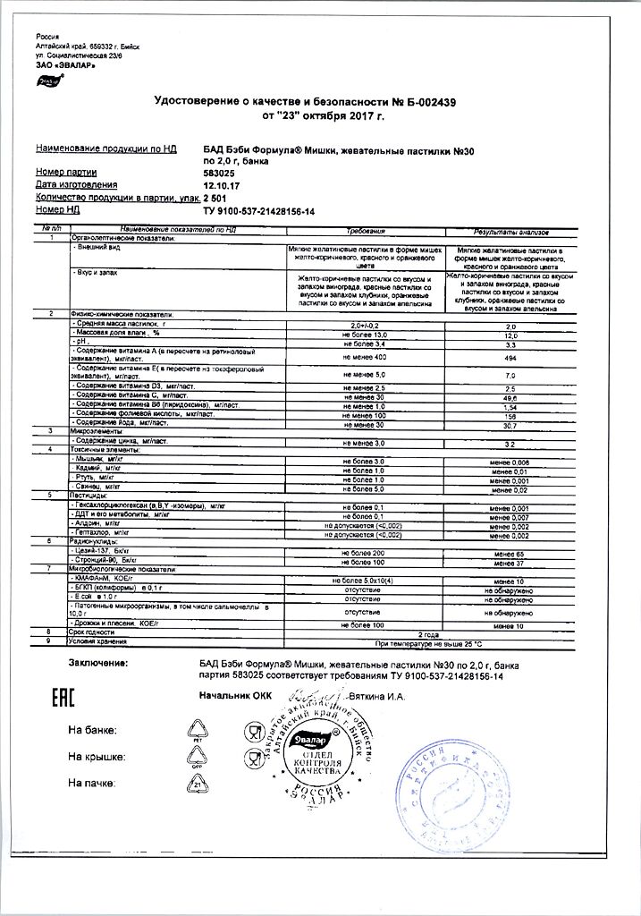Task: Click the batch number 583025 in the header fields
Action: tap(222, 172)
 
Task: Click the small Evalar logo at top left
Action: tap(46, 81)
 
